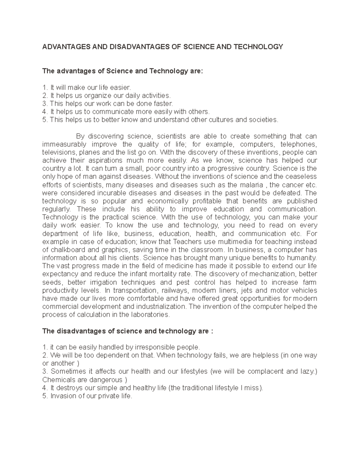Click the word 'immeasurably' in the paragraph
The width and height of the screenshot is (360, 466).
point(64,144)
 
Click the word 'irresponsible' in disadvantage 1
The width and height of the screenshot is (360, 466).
point(154,347)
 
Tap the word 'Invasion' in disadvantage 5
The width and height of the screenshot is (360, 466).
point(63,396)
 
